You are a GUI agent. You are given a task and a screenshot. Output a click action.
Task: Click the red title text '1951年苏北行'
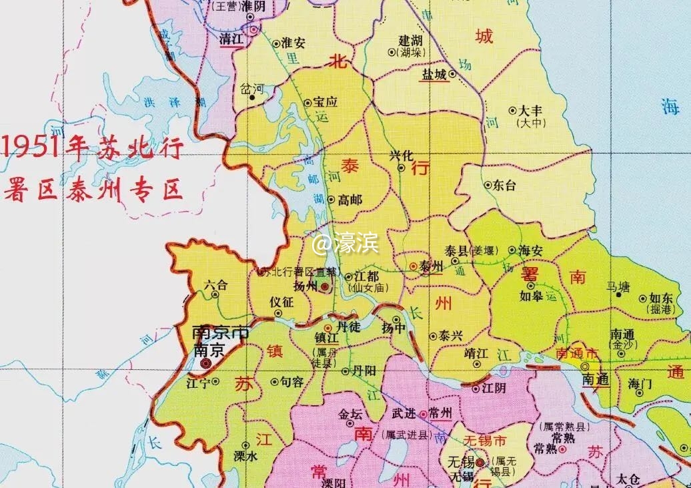93,147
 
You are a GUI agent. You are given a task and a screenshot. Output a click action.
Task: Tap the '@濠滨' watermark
345,244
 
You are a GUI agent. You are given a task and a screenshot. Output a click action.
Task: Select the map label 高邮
350,200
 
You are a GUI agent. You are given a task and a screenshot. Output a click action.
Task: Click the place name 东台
504,186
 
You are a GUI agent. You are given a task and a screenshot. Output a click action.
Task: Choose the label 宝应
325,103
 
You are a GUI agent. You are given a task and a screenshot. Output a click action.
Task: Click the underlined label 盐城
433,75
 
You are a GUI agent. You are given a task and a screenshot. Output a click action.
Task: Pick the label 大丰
531,110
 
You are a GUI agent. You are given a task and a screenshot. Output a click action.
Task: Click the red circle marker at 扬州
324,286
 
